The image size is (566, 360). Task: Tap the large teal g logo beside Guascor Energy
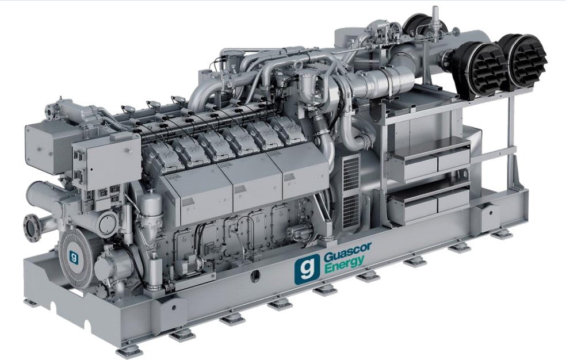pyautogui.click(x=307, y=267)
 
